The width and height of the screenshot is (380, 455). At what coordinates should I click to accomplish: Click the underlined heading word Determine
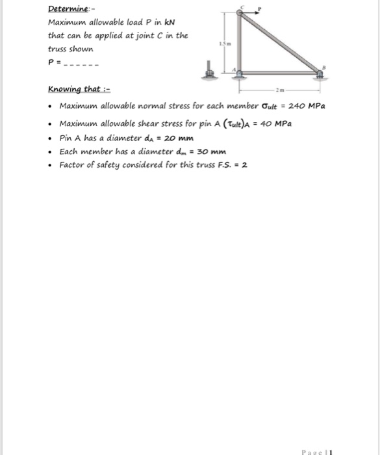67,9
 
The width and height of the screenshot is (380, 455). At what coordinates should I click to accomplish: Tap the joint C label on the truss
241,7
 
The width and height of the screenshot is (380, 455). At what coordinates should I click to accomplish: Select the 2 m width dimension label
280,90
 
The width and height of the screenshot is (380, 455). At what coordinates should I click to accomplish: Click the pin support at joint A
241,75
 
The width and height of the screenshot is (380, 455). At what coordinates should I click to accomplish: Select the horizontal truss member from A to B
282,73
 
